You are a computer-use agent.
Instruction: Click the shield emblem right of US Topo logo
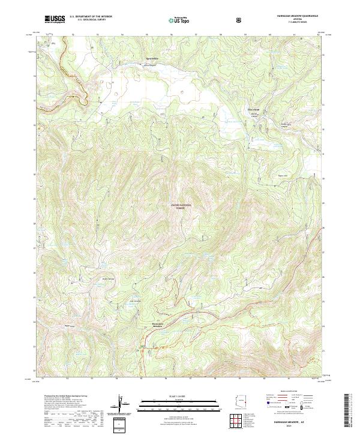tap(238, 19)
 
